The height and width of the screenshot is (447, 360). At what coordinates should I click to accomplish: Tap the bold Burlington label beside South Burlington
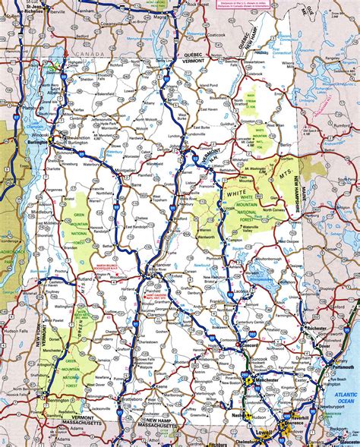[x=34, y=141]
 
